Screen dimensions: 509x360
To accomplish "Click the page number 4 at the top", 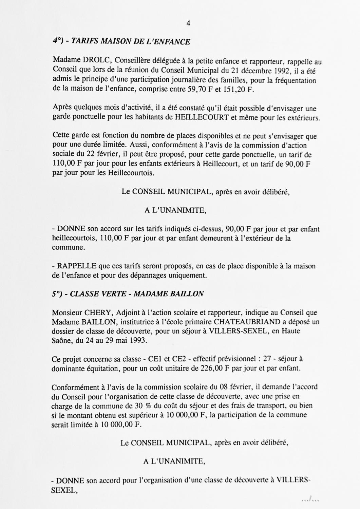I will (x=188, y=23).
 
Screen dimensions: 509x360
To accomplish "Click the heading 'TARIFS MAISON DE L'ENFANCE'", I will (x=130, y=42).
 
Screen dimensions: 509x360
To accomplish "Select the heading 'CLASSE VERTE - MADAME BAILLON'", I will (x=137, y=294).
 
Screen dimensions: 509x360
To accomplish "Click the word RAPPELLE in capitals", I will (x=72, y=266).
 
